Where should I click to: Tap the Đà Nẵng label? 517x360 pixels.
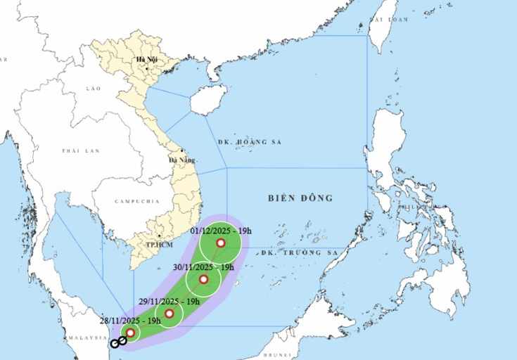(181, 160)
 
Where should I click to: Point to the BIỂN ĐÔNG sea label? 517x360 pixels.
(300, 198)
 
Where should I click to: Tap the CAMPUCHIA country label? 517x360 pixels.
(137, 201)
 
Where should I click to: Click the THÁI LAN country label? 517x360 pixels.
(80, 151)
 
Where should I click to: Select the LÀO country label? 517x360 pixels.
(94, 89)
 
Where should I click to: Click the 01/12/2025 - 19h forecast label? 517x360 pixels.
(220, 231)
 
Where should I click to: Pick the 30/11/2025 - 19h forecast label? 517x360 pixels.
(203, 267)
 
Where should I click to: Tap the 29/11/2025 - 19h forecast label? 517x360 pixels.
(169, 302)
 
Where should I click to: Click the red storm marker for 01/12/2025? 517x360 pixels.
(220, 243)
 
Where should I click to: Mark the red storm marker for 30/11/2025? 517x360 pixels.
(203, 279)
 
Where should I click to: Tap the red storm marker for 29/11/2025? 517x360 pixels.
(169, 313)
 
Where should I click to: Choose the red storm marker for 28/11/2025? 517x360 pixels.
(130, 332)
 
